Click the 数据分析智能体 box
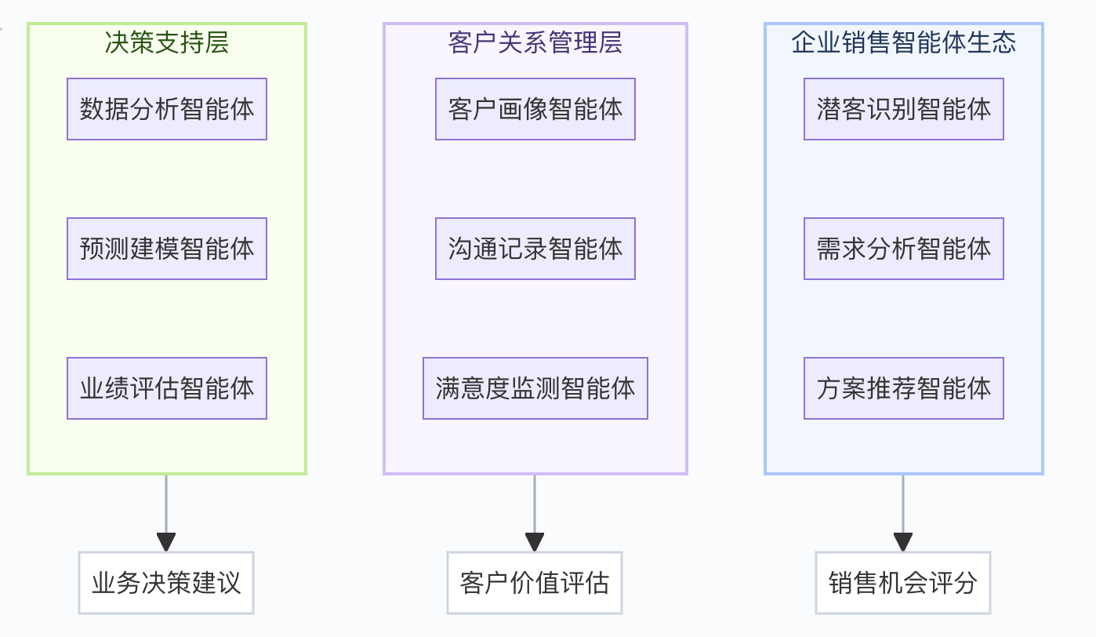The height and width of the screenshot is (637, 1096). point(167,109)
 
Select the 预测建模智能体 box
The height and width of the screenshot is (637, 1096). point(167,249)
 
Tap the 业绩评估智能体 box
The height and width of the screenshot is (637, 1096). point(167,388)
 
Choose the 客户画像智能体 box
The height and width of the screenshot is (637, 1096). point(535,109)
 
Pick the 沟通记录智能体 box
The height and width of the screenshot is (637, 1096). point(535,249)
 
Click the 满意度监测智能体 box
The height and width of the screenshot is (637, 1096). point(535,388)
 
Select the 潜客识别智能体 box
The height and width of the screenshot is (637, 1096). point(904,109)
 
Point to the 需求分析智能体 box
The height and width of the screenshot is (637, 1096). point(904,249)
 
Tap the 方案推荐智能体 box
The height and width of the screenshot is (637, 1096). point(904,388)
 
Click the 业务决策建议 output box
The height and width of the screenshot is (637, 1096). point(166,583)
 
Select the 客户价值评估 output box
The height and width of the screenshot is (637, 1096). point(535,583)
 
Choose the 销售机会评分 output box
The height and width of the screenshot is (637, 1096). point(903,583)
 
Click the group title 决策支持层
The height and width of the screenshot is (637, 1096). point(167,42)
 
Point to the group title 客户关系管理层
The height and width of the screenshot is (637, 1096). point(535,42)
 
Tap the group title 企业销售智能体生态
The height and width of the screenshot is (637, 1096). point(904,42)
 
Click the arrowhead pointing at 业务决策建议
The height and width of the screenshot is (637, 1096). point(166,542)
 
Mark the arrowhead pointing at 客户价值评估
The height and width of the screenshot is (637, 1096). point(535,542)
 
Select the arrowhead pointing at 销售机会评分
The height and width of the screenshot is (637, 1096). point(903,542)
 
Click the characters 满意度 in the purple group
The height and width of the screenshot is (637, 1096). point(473,388)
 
